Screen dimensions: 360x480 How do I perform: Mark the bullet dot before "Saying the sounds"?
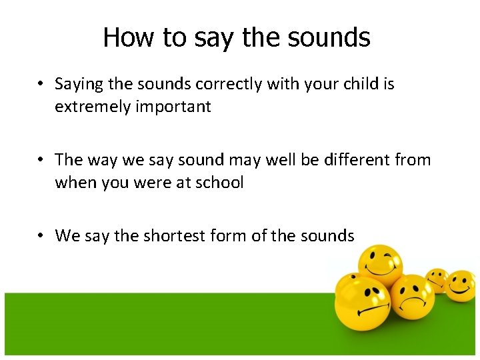(41, 85)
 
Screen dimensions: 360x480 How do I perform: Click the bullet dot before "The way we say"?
(41, 160)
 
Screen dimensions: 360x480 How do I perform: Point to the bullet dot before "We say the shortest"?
(41, 235)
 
